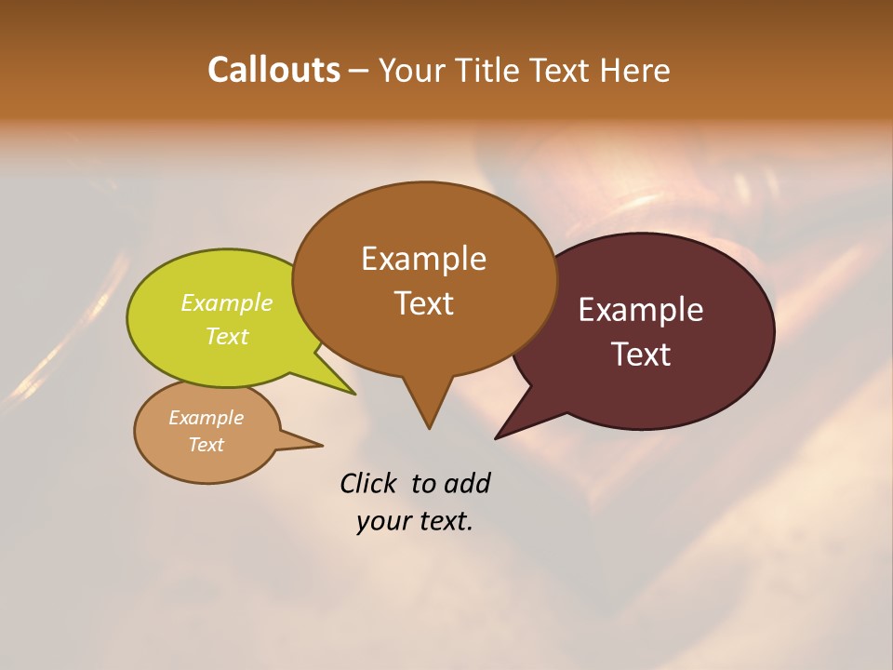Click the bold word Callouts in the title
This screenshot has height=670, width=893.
tap(273, 70)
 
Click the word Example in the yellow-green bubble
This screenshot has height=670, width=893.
tap(227, 302)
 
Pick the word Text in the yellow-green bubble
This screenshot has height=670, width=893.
tap(227, 336)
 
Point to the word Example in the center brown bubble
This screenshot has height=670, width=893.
tap(423, 259)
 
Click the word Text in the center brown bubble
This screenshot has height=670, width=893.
tap(424, 303)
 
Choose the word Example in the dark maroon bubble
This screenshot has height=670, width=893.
tap(641, 310)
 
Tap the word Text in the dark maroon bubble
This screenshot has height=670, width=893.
tap(642, 355)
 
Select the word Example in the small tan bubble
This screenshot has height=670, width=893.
tap(206, 418)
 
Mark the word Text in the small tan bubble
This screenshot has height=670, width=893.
tap(206, 445)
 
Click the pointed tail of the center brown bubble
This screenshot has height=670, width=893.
tap(429, 419)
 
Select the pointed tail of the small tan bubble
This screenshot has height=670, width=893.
tap(312, 444)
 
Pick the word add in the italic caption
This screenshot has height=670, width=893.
tap(467, 483)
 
